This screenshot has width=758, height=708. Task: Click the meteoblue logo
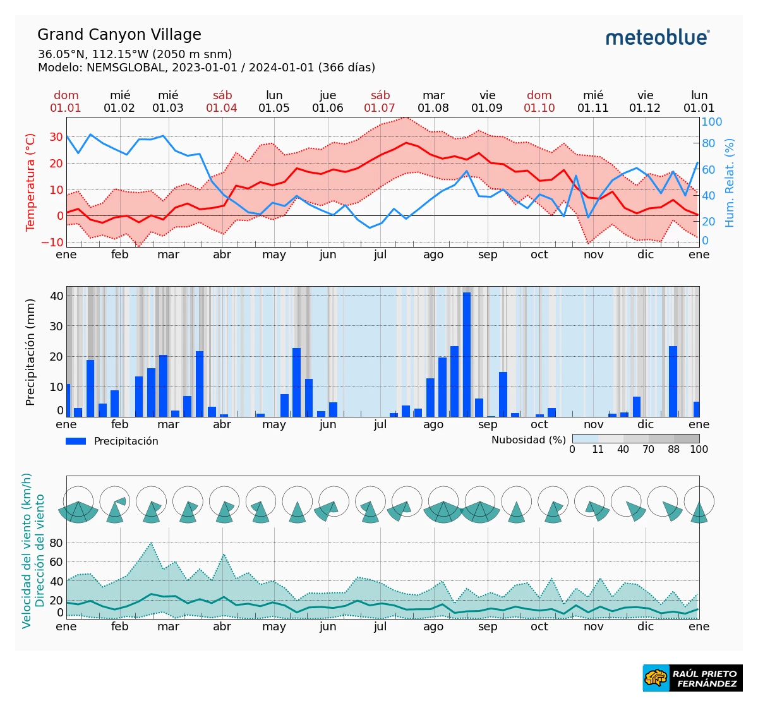(x=658, y=37)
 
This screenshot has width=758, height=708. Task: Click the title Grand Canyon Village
(x=119, y=35)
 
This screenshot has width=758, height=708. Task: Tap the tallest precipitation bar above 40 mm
(x=467, y=354)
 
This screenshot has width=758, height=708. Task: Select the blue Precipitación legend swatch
(x=76, y=441)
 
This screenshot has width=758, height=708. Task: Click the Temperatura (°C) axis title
(x=30, y=182)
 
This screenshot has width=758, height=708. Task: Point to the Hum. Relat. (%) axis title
(x=730, y=183)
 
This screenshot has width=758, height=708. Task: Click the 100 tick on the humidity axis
(x=712, y=122)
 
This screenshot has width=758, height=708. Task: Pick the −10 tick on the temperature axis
(x=56, y=243)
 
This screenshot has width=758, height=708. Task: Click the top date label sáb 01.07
(x=380, y=102)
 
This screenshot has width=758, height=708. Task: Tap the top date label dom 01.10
(x=539, y=102)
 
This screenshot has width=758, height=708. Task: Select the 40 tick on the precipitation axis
(x=57, y=296)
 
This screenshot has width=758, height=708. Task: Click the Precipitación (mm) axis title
(x=30, y=352)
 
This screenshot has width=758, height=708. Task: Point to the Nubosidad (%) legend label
(x=529, y=440)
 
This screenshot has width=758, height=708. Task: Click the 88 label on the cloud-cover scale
(x=674, y=450)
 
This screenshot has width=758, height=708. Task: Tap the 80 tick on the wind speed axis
(x=56, y=543)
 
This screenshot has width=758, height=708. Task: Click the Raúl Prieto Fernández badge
(x=693, y=678)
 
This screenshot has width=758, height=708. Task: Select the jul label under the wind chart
(x=380, y=627)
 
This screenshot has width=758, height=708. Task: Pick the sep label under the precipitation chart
(x=488, y=424)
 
